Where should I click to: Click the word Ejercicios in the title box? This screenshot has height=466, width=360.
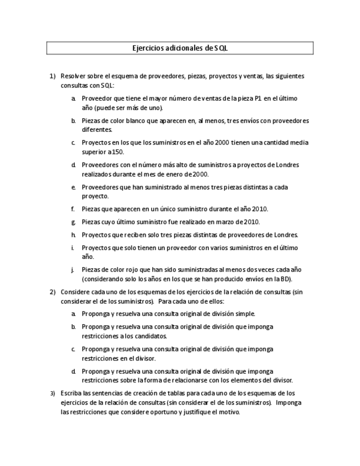coord(147,48)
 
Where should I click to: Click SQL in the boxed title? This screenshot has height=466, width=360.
coord(221,48)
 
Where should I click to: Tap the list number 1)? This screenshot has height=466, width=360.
coord(53,76)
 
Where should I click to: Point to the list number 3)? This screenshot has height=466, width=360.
coord(53,393)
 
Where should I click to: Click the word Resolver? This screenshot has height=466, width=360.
coord(74,76)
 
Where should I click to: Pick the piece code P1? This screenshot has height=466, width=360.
coord(254,98)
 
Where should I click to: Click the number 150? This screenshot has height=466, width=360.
coord(117,152)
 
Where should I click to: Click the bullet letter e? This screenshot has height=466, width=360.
coord(73,187)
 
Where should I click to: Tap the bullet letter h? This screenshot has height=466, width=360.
coord(73,235)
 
